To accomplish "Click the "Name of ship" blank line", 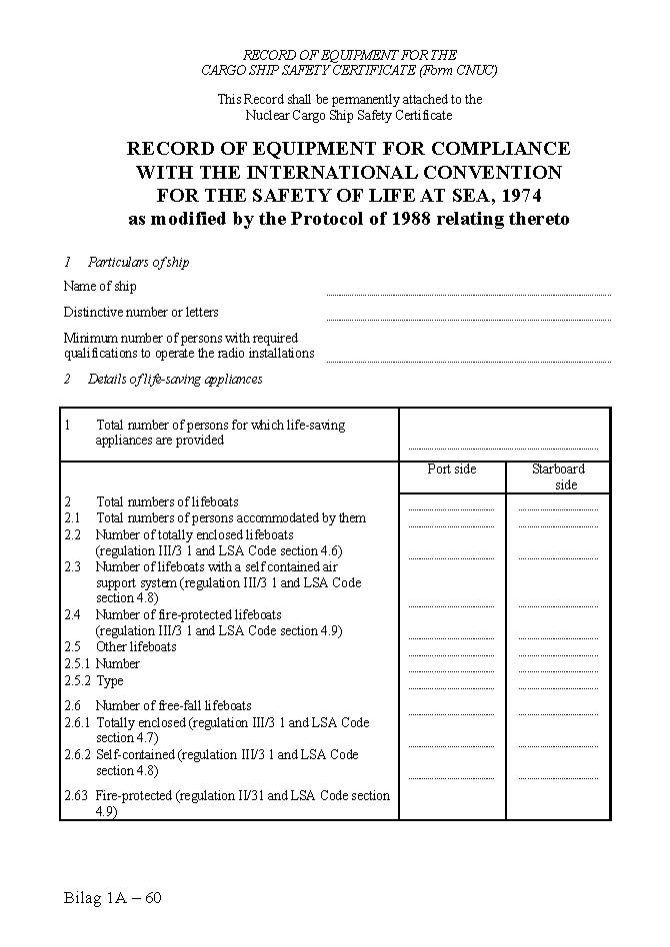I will pos(468,293).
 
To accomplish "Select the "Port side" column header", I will pos(452,470).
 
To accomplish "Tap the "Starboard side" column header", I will pos(558,476).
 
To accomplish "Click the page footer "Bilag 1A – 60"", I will pos(112,897).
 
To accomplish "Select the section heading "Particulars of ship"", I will pos(138,263).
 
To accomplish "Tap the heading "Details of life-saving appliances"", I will pos(175,380).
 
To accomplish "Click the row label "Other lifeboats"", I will pos(136,646).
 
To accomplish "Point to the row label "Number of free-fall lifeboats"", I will pos(173,705).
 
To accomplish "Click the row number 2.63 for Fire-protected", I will pos(77,796).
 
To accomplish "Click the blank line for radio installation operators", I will pos(468,360).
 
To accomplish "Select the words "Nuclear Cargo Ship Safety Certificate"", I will pos(349,116).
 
